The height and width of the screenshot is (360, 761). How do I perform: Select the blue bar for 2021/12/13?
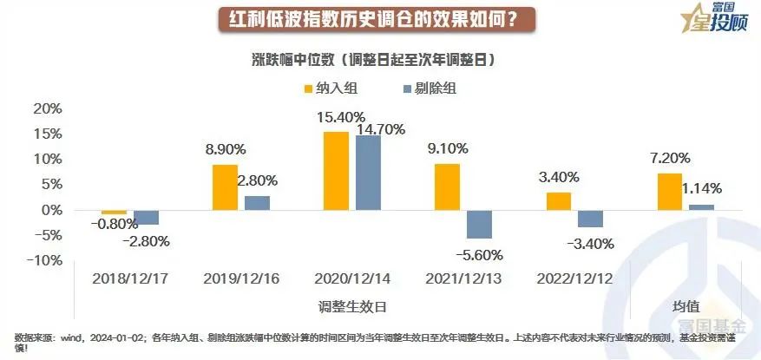click(479, 224)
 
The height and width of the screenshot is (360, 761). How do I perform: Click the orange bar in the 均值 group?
click(670, 192)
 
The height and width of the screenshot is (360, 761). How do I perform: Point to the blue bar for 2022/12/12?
click(590, 219)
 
